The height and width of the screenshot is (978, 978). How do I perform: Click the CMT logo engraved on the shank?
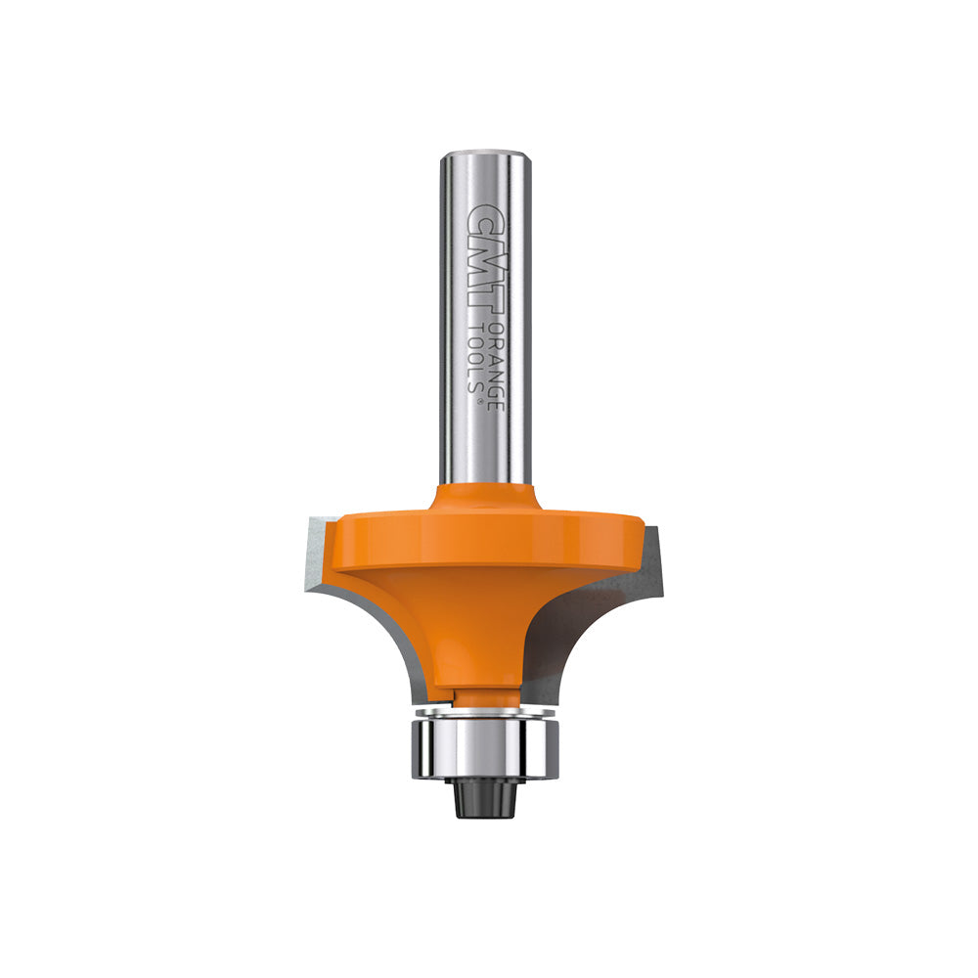481,257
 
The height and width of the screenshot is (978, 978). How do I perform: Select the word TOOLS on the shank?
474,358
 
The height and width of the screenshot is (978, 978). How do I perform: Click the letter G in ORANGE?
496,378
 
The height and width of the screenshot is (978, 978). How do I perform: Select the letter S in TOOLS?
474,384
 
